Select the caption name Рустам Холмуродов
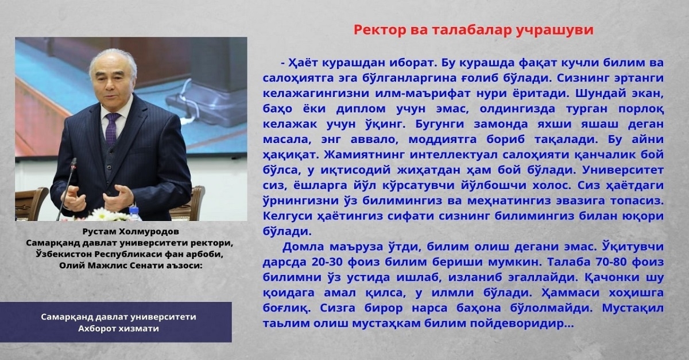click(131, 231)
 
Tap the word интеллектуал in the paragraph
click(454, 155)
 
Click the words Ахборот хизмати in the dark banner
click(118, 328)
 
